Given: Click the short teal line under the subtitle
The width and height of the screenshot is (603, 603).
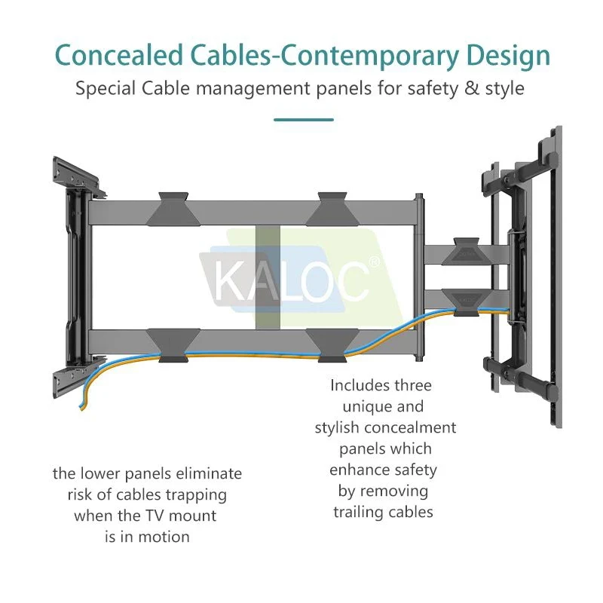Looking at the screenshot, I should pyautogui.click(x=302, y=119).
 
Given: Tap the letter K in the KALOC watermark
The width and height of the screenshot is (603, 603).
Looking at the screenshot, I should pyautogui.click(x=228, y=281).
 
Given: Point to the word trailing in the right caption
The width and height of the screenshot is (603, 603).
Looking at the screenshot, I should pyautogui.click(x=360, y=512).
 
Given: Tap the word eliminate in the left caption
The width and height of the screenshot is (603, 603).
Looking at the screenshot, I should pyautogui.click(x=210, y=474).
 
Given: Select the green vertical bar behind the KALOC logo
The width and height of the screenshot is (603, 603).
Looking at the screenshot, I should pyautogui.click(x=268, y=279).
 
